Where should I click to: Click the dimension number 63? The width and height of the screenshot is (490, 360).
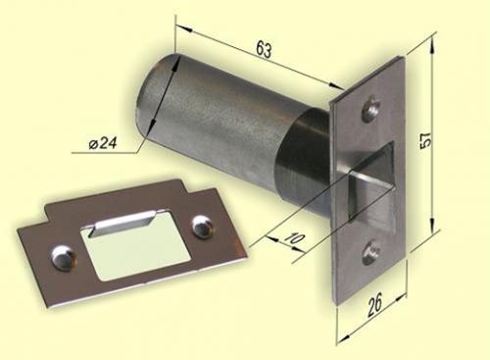click(264, 49)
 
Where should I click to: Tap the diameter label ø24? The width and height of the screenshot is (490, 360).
click(103, 143)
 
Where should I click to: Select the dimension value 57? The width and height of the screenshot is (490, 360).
click(425, 140)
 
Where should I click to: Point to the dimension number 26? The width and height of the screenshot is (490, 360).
click(374, 305)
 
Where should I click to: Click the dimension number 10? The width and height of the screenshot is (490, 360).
click(295, 238)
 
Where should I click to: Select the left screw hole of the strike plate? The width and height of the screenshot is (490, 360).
click(64, 258)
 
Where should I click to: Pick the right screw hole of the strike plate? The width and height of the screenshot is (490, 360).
click(202, 226)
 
